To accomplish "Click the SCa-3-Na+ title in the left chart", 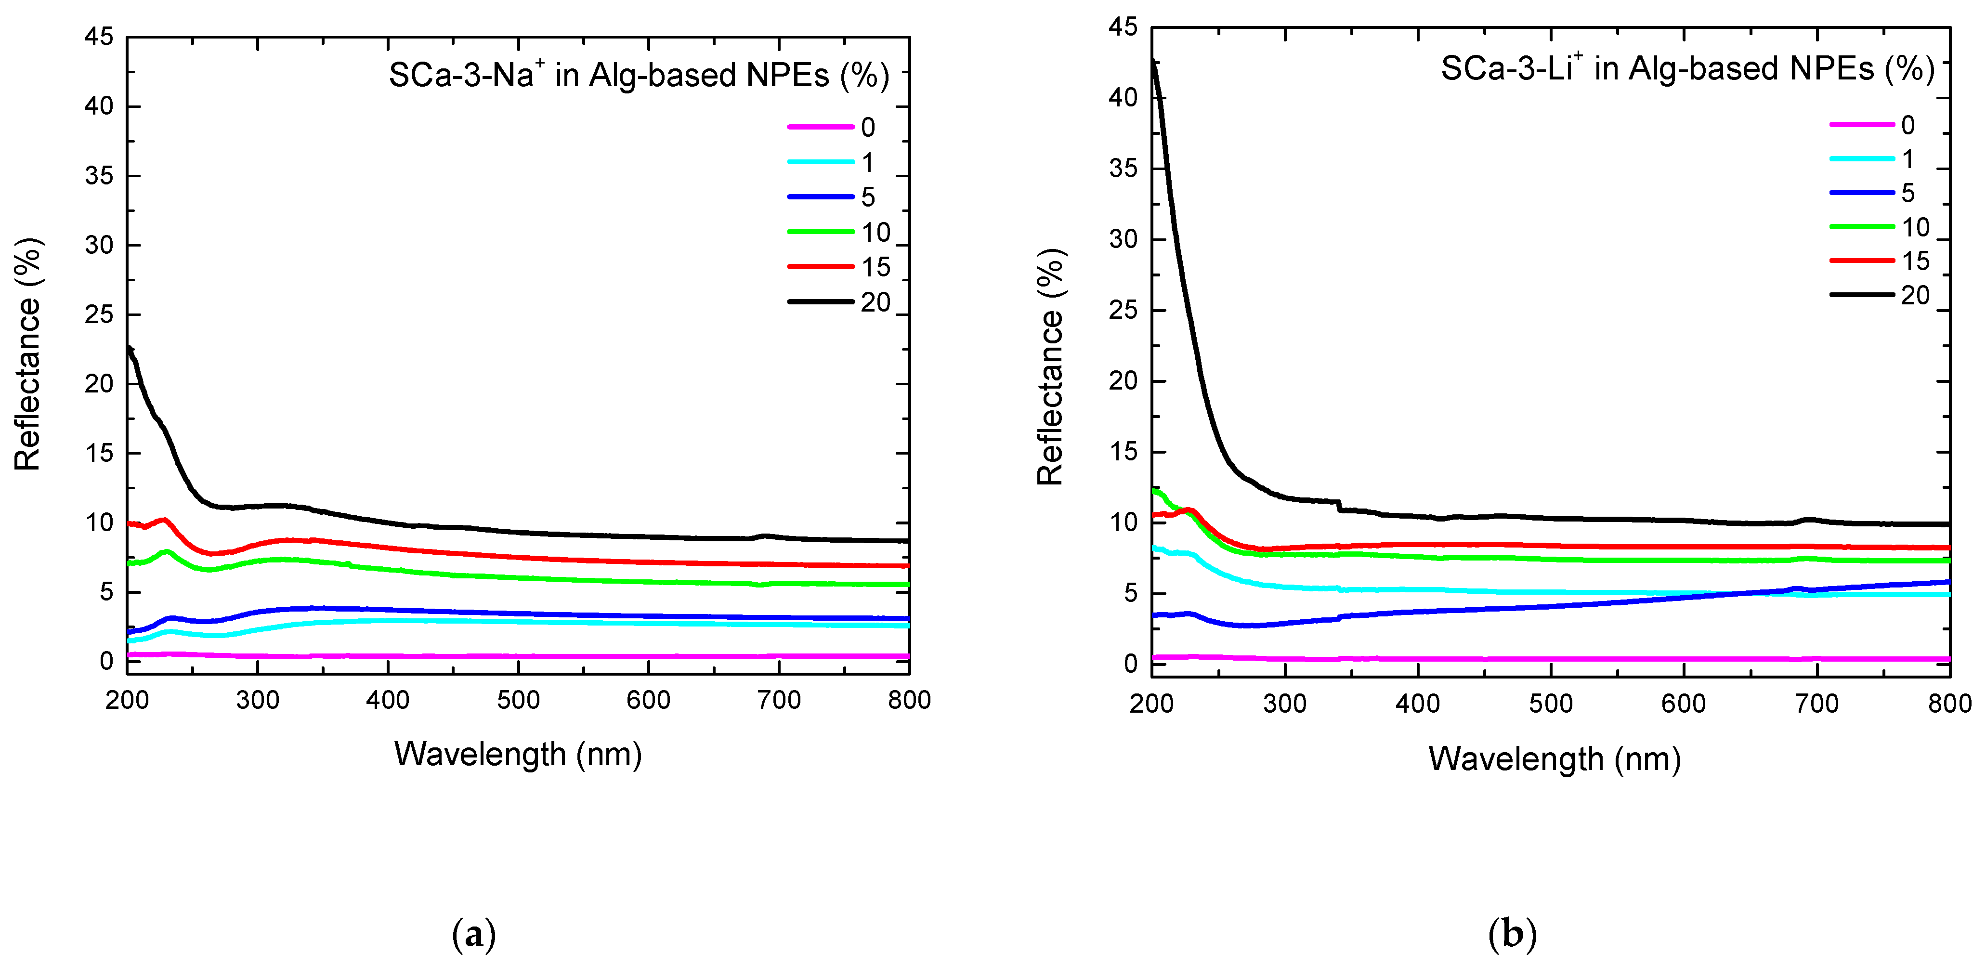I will click(x=639, y=75).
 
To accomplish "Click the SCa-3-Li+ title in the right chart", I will click(x=1687, y=68).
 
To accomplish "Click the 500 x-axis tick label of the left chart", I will click(x=518, y=700).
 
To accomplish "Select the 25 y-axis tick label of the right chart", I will click(x=1124, y=310).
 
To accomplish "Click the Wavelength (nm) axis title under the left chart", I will click(x=518, y=754).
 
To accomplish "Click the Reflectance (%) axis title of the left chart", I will click(x=28, y=354).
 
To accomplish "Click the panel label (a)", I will click(x=473, y=934).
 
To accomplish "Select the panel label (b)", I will click(x=1512, y=934).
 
